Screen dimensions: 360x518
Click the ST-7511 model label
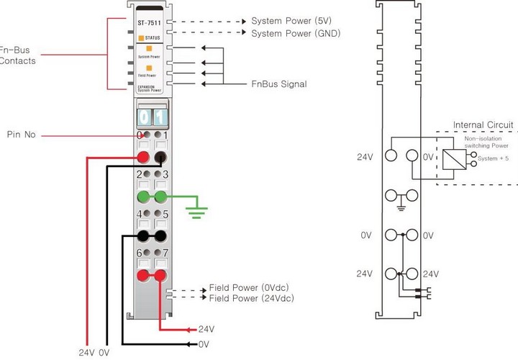pos(150,22)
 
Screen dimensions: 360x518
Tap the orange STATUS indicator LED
pos(142,37)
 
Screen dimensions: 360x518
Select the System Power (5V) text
pos(291,19)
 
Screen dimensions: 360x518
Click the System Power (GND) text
pos(296,33)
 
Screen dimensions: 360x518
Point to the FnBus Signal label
pos(279,84)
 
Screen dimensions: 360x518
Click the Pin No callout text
pos(22,135)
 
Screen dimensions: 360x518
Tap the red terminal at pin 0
pos(143,158)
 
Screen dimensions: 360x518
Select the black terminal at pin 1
pos(160,158)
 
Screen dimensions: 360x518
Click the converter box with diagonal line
pos(452,155)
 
